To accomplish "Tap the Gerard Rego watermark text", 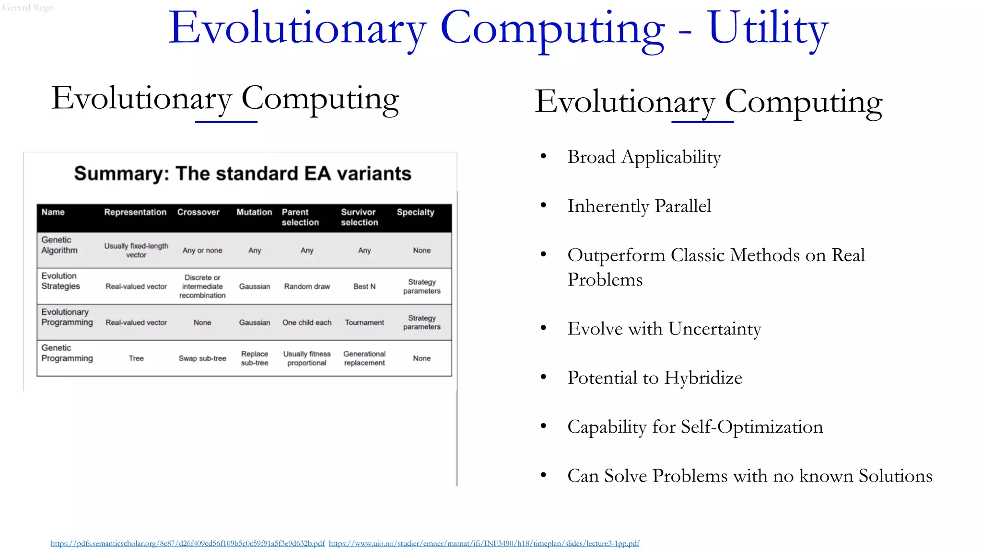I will point(28,7).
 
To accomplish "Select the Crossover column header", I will point(198,212).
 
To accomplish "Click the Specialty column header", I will point(415,212).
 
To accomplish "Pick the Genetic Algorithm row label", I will point(59,245).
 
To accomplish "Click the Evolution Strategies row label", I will point(60,281).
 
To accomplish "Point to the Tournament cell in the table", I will point(364,322).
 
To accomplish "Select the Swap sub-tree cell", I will point(202,358).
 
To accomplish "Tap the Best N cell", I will point(364,287).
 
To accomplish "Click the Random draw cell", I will point(307,287).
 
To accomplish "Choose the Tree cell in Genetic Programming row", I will point(136,358).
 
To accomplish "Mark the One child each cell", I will point(307,322).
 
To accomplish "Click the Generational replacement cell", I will point(364,358).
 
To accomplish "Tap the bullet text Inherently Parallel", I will point(639,206).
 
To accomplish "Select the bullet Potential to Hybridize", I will point(655,378).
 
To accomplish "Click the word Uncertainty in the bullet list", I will point(714,329).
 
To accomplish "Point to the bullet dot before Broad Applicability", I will point(543,156).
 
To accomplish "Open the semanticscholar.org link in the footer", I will point(187,543).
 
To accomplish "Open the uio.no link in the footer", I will point(484,543).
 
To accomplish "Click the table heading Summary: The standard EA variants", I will point(243,173).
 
